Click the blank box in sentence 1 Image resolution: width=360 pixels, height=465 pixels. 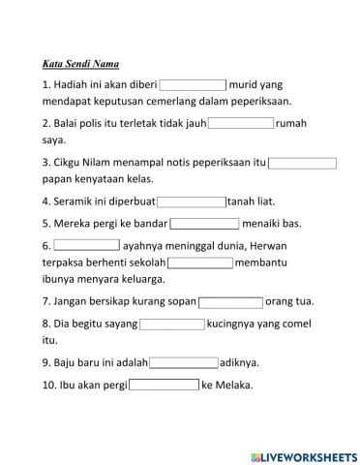click(x=193, y=84)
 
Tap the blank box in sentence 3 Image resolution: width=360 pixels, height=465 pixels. click(x=303, y=163)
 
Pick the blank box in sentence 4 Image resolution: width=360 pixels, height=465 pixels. click(x=191, y=202)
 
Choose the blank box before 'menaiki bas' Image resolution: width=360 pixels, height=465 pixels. click(x=205, y=223)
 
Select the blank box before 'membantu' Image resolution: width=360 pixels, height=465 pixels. click(x=200, y=263)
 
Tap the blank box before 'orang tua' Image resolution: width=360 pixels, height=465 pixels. click(x=230, y=302)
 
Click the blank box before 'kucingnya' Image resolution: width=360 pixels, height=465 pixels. click(x=171, y=324)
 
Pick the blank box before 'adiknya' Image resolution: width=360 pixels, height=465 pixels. click(x=184, y=363)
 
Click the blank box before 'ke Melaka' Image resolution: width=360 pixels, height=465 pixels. click(x=164, y=385)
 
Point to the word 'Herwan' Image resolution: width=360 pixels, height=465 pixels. click(x=250, y=246)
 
